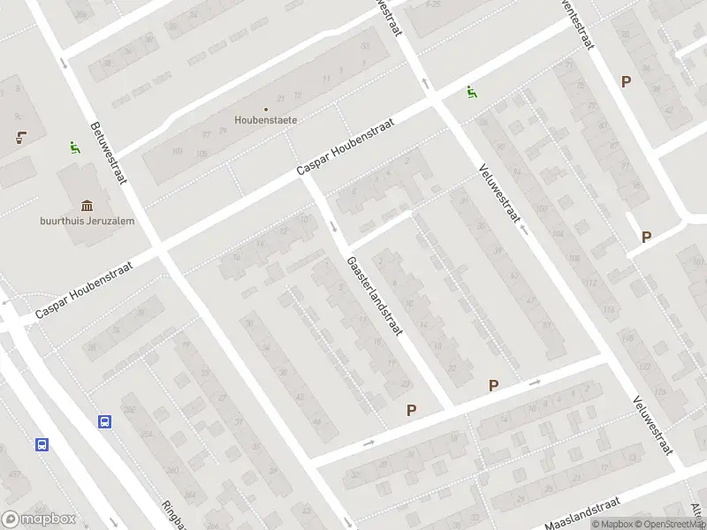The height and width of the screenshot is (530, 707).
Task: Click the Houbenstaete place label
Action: coord(265,119)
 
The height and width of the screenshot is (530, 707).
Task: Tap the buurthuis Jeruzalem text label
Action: coord(87,221)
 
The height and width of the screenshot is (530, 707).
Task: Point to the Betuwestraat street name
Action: coord(107,153)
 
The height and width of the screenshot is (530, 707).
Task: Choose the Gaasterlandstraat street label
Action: coord(375,296)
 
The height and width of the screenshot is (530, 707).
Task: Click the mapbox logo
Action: coord(39,519)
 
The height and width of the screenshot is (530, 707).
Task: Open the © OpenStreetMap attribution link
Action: coord(671,524)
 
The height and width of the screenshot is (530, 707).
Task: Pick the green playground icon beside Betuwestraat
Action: coord(74,148)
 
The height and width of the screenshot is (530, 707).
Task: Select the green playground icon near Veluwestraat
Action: coord(473,91)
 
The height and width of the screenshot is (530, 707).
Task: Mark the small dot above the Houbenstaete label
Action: coord(265,110)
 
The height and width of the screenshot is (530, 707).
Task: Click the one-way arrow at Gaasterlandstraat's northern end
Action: coord(334,227)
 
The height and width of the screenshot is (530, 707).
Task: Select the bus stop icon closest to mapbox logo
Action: coord(42,444)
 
